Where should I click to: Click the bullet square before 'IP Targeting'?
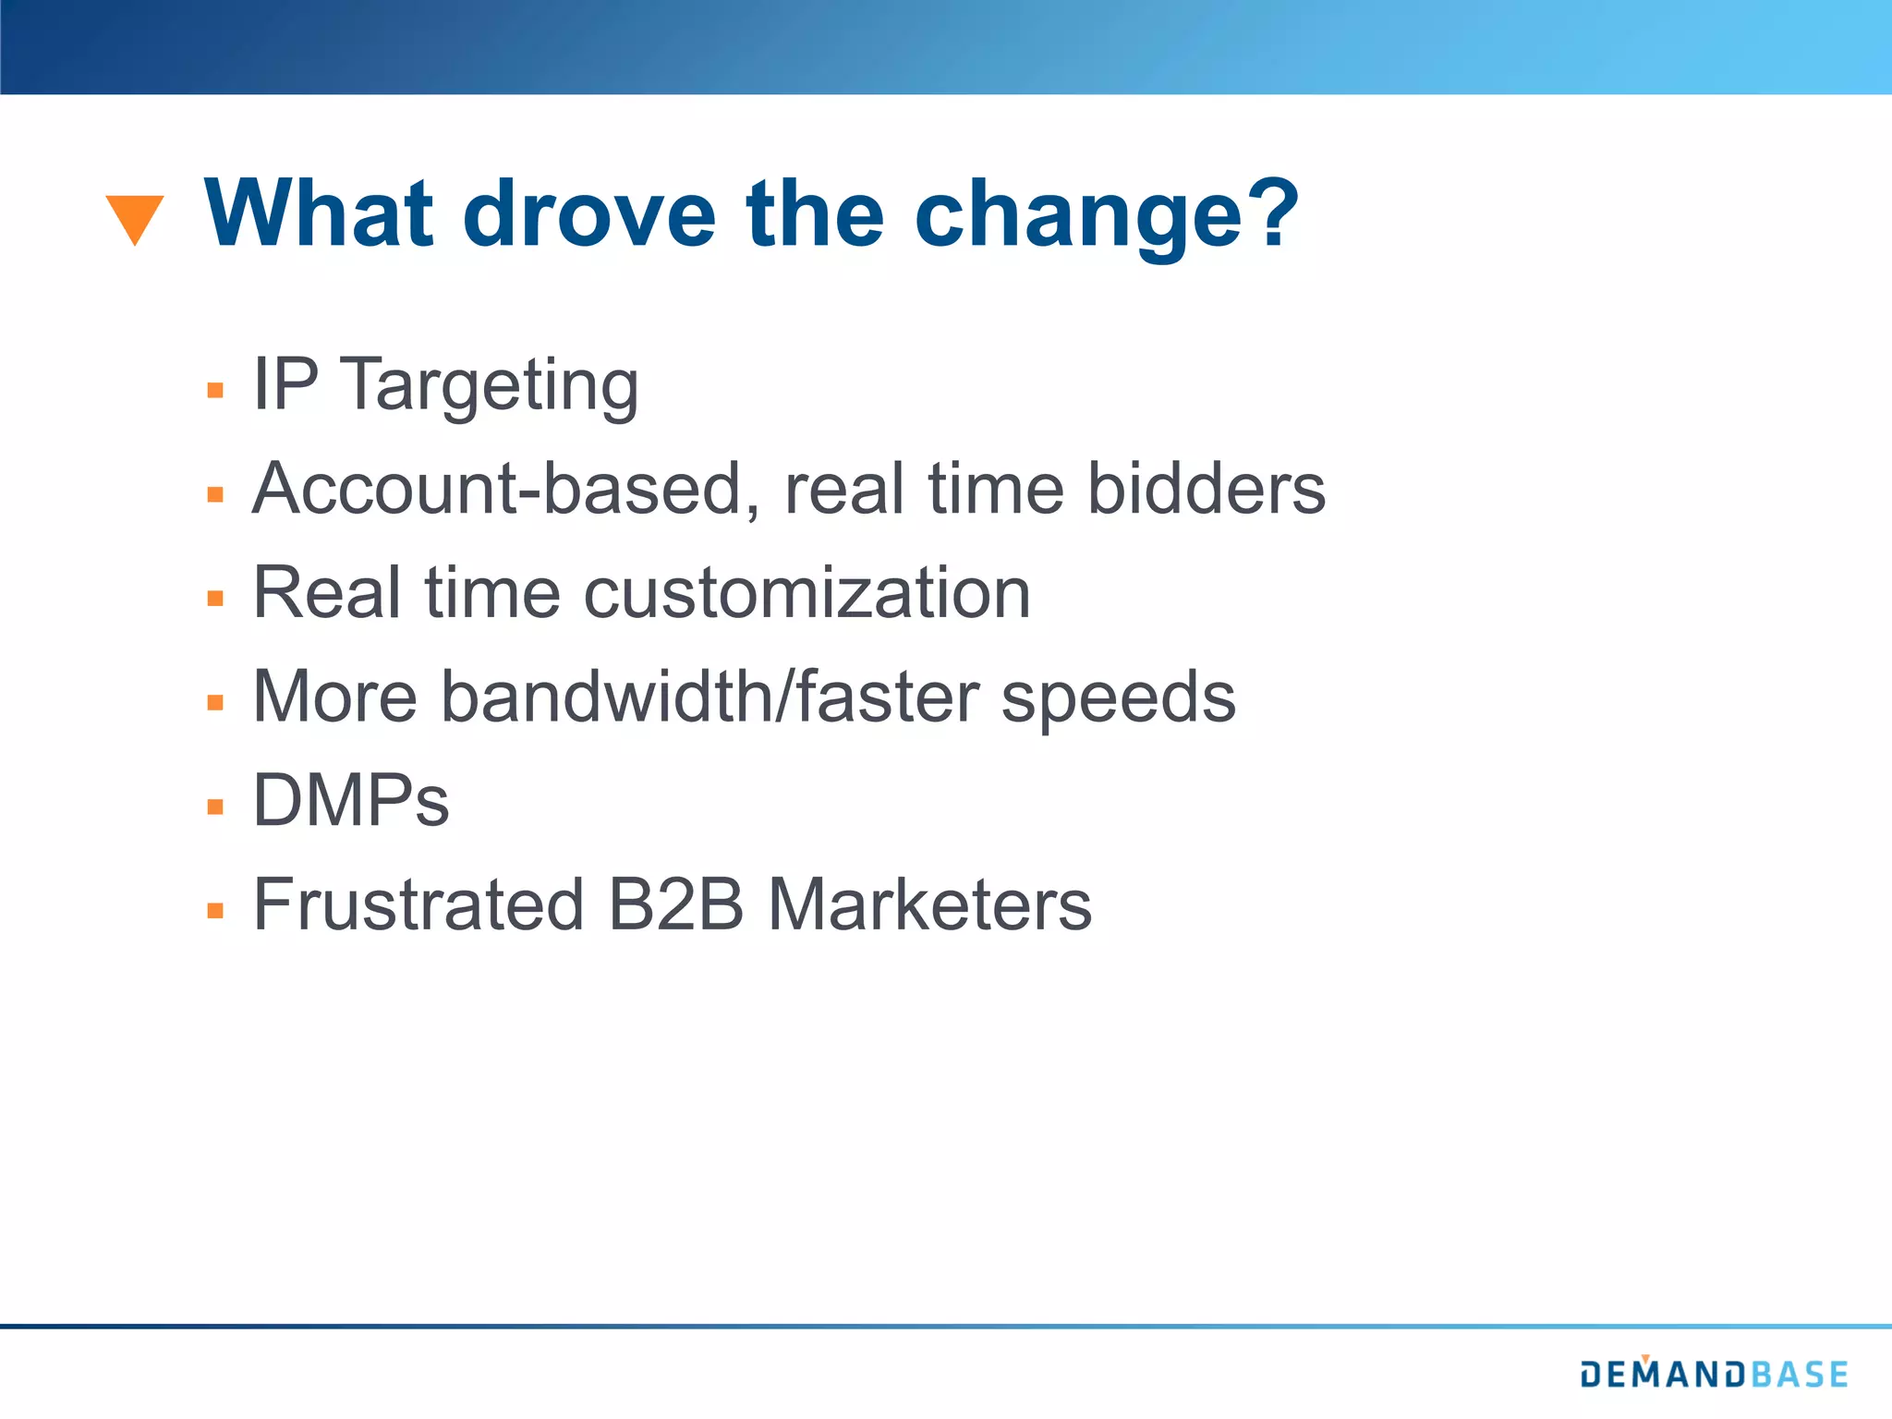pyautogui.click(x=215, y=390)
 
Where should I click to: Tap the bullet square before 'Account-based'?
pyautogui.click(x=215, y=494)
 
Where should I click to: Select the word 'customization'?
pyautogui.click(x=807, y=592)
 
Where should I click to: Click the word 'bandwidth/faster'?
pyautogui.click(x=709, y=696)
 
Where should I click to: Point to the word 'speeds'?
pyautogui.click(x=1118, y=699)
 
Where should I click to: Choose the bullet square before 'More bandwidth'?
pyautogui.click(x=215, y=702)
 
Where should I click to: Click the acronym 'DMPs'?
pyautogui.click(x=351, y=800)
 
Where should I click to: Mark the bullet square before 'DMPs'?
pyautogui.click(x=215, y=807)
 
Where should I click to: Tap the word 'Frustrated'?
pyautogui.click(x=418, y=904)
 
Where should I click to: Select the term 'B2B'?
pyautogui.click(x=675, y=904)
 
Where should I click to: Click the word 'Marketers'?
pyautogui.click(x=929, y=904)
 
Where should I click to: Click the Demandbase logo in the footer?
pyautogui.click(x=1713, y=1374)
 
